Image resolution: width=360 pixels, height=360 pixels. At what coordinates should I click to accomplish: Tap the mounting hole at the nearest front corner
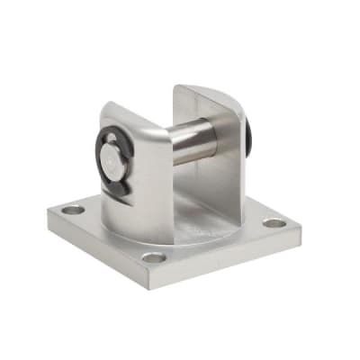click(x=154, y=257)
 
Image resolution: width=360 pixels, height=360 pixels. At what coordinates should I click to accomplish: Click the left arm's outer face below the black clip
click(x=135, y=211)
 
